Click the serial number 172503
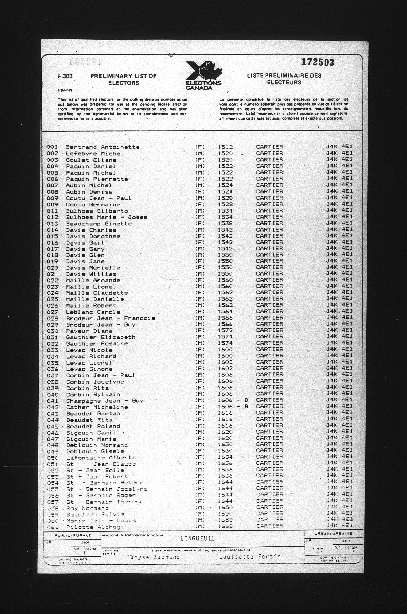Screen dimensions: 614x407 (318, 62)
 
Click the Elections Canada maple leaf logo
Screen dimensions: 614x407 (204, 75)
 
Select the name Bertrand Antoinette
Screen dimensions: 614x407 (103, 147)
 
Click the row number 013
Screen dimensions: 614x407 (52, 224)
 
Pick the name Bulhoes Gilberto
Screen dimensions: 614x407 (97, 211)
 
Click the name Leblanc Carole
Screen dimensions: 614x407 (93, 312)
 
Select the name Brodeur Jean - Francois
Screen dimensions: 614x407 (110, 318)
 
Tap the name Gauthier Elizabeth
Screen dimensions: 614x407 (100, 337)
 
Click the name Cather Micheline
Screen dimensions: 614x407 (97, 407)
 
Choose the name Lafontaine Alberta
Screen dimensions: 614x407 (101, 457)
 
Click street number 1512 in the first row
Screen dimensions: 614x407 (225, 147)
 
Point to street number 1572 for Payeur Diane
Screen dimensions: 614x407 (225, 331)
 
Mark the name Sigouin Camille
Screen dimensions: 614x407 (95, 433)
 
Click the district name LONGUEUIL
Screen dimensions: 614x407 (197, 539)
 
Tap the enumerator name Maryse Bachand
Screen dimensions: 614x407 (153, 557)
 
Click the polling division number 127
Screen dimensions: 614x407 (318, 550)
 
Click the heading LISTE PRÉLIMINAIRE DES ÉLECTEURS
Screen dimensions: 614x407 (284, 79)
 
